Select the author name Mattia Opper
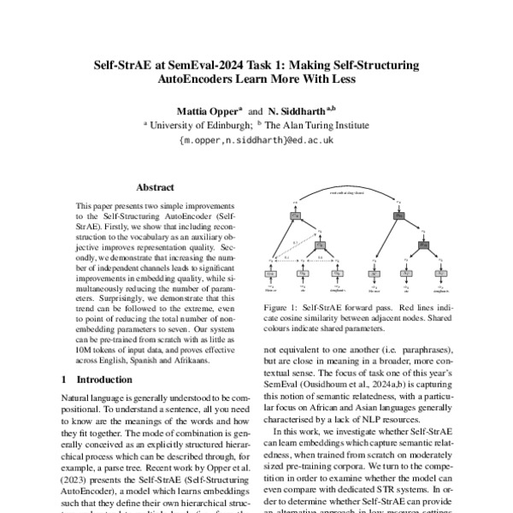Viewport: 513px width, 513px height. tap(208, 109)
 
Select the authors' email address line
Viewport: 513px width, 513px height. tap(256, 138)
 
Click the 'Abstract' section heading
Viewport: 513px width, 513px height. tap(155, 187)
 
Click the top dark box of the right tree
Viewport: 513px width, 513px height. tap(398, 217)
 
